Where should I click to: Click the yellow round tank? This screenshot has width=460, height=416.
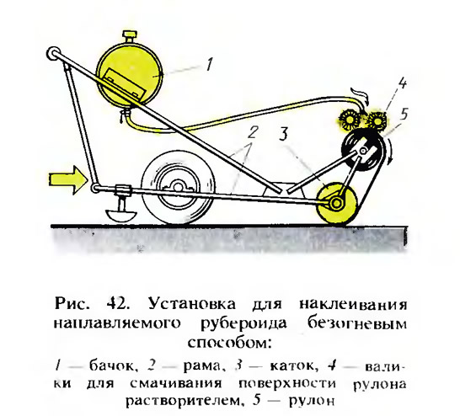coord(129,74)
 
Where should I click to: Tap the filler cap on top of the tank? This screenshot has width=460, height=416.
coord(129,37)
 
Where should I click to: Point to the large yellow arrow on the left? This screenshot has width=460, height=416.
coord(68,179)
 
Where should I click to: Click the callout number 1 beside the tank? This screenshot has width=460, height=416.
coord(209,65)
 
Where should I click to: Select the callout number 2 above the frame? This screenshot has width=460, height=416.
coord(252,132)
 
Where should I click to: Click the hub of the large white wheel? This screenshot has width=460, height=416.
coord(177,189)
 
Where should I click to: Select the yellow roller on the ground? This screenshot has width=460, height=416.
coord(337,203)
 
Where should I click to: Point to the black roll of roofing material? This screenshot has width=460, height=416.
coord(363,152)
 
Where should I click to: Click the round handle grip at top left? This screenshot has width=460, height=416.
coord(53,54)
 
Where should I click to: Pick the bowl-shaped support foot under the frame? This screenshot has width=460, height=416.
coord(120,216)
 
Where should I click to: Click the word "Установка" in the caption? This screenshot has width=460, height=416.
coord(192,304)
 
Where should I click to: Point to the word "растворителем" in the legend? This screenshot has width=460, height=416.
coord(185,401)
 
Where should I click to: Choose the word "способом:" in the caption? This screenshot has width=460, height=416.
coord(229,343)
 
